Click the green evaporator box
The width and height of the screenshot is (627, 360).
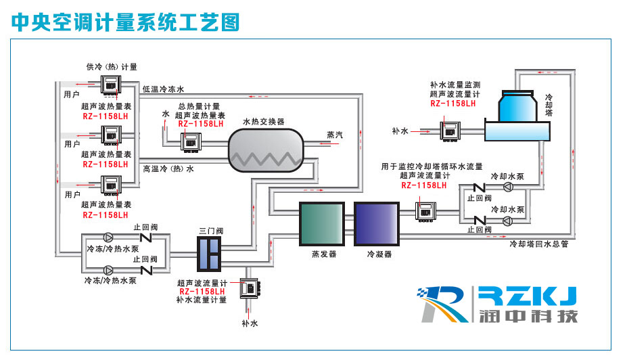tap(322, 223)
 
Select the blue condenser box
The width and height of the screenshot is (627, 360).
tap(377, 223)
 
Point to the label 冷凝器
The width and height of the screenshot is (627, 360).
tap(379, 254)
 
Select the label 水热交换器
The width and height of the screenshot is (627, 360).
tap(264, 121)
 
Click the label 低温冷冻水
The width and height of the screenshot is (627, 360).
tap(163, 89)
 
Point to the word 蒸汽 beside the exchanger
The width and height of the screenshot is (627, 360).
tap(334, 135)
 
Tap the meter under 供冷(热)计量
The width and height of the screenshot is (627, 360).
tap(110, 85)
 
